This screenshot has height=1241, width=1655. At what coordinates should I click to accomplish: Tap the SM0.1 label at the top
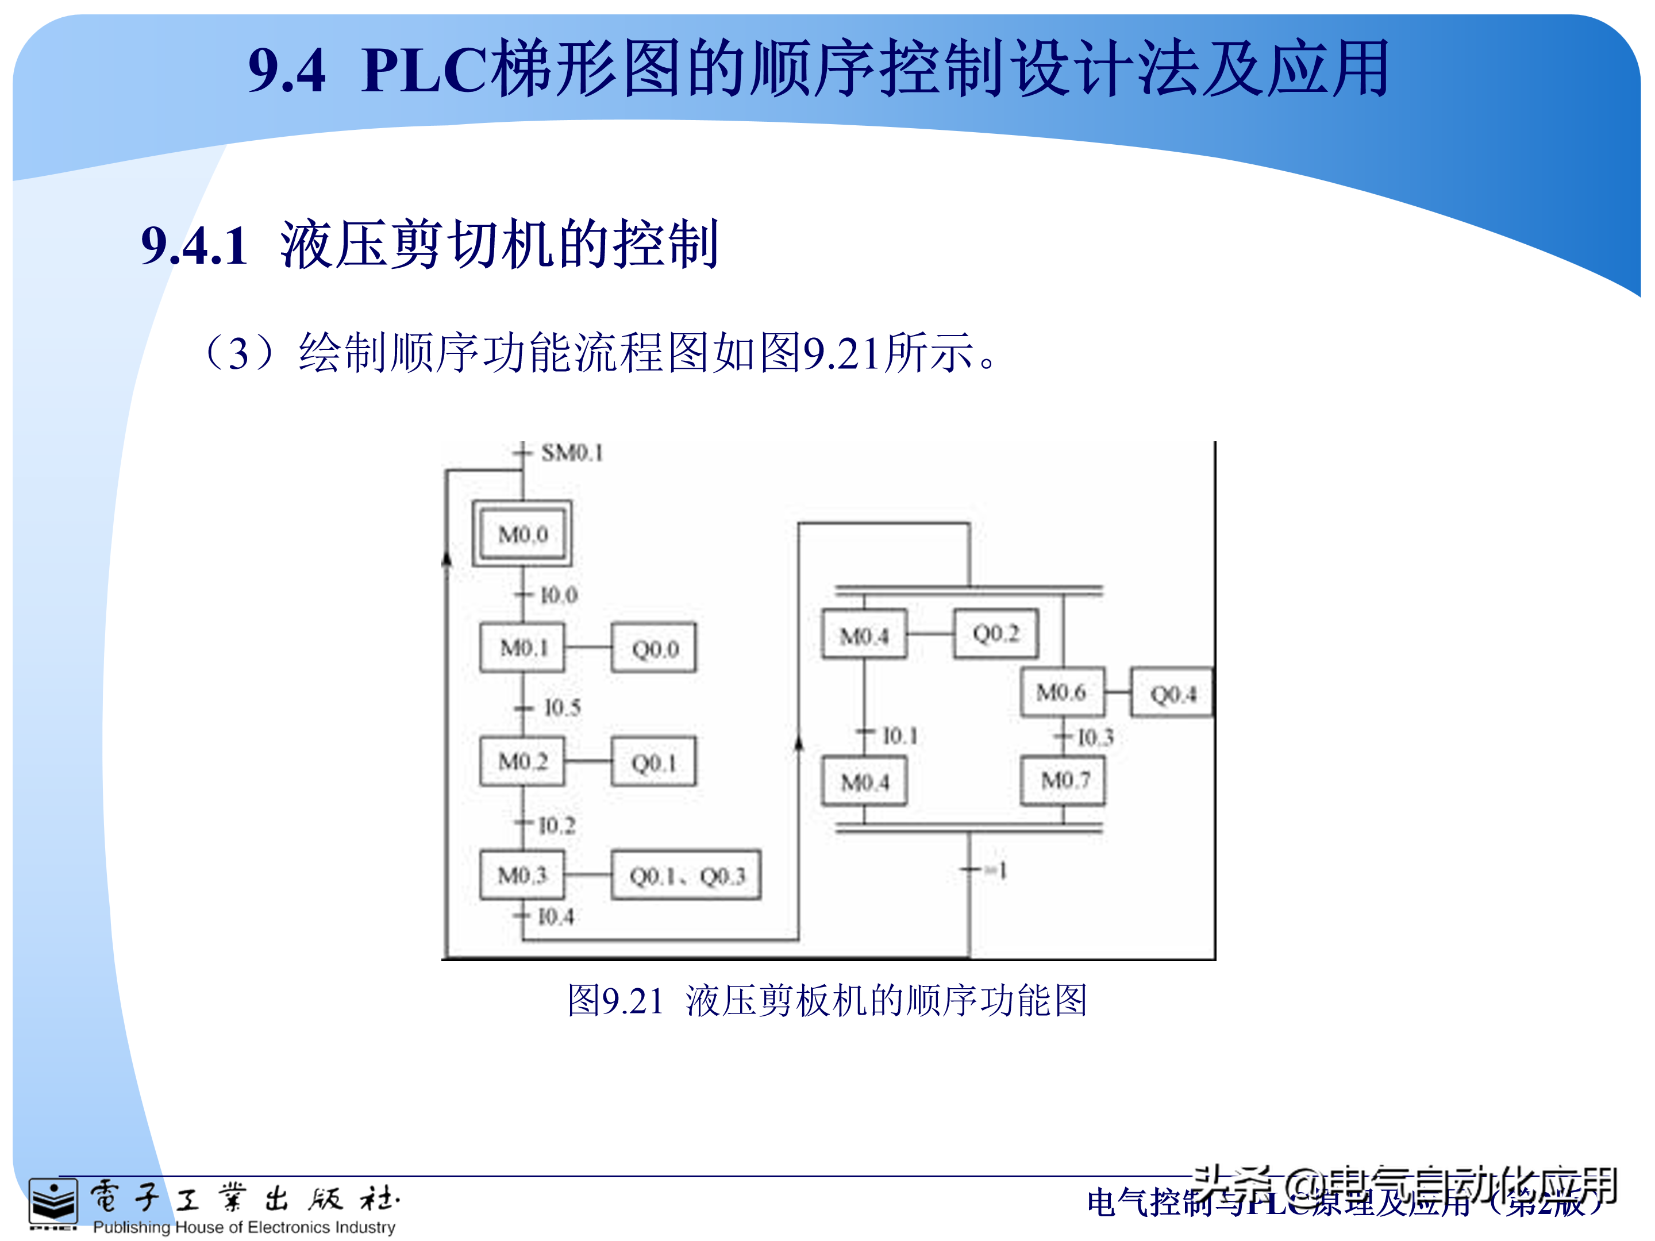(x=572, y=453)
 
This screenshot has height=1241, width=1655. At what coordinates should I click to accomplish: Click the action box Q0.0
(x=654, y=648)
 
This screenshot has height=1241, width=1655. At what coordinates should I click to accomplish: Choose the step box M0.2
(x=522, y=761)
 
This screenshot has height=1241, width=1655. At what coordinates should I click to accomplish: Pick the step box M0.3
(x=522, y=874)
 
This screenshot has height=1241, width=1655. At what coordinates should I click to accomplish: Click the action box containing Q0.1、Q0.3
(x=686, y=875)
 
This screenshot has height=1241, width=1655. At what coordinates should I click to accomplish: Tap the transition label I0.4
(x=556, y=916)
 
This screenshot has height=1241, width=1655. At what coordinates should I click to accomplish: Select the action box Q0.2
(x=995, y=634)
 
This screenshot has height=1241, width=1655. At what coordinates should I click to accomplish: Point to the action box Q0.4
(x=1172, y=694)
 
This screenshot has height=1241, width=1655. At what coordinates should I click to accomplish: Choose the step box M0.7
(x=1063, y=781)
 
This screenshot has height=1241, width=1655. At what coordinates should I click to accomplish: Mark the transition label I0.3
(x=1095, y=738)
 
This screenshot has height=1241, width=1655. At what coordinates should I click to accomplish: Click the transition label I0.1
(x=899, y=736)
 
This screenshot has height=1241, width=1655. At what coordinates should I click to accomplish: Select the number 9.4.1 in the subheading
(x=195, y=245)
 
